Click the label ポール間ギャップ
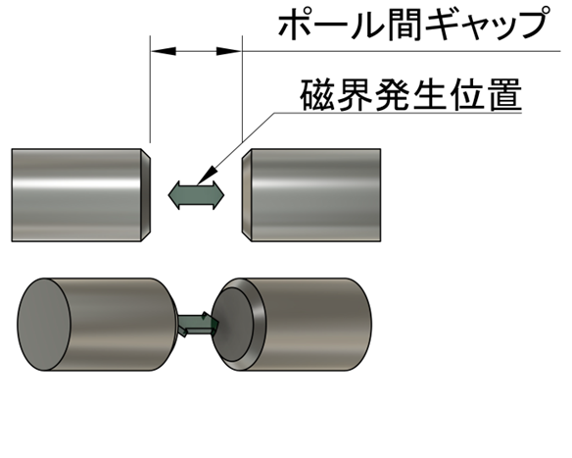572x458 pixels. [414, 25]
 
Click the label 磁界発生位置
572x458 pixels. [410, 96]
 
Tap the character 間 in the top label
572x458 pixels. [405, 25]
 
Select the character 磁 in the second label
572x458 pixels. [317, 96]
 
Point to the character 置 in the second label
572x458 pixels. [505, 96]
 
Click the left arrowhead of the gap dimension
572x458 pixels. [163, 51]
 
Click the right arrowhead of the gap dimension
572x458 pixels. [229, 51]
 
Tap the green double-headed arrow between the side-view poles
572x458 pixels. [196, 195]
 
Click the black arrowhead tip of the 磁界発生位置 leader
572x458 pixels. [197, 183]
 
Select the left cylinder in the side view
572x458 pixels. [80, 195]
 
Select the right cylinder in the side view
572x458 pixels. [311, 195]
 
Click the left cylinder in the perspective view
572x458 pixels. [98, 325]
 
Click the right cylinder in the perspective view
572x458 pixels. [291, 325]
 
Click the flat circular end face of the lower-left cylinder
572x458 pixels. [44, 325]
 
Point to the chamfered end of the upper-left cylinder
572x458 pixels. [146, 195]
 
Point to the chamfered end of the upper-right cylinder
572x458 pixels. [247, 195]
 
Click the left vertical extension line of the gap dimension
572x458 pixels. [150, 89]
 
